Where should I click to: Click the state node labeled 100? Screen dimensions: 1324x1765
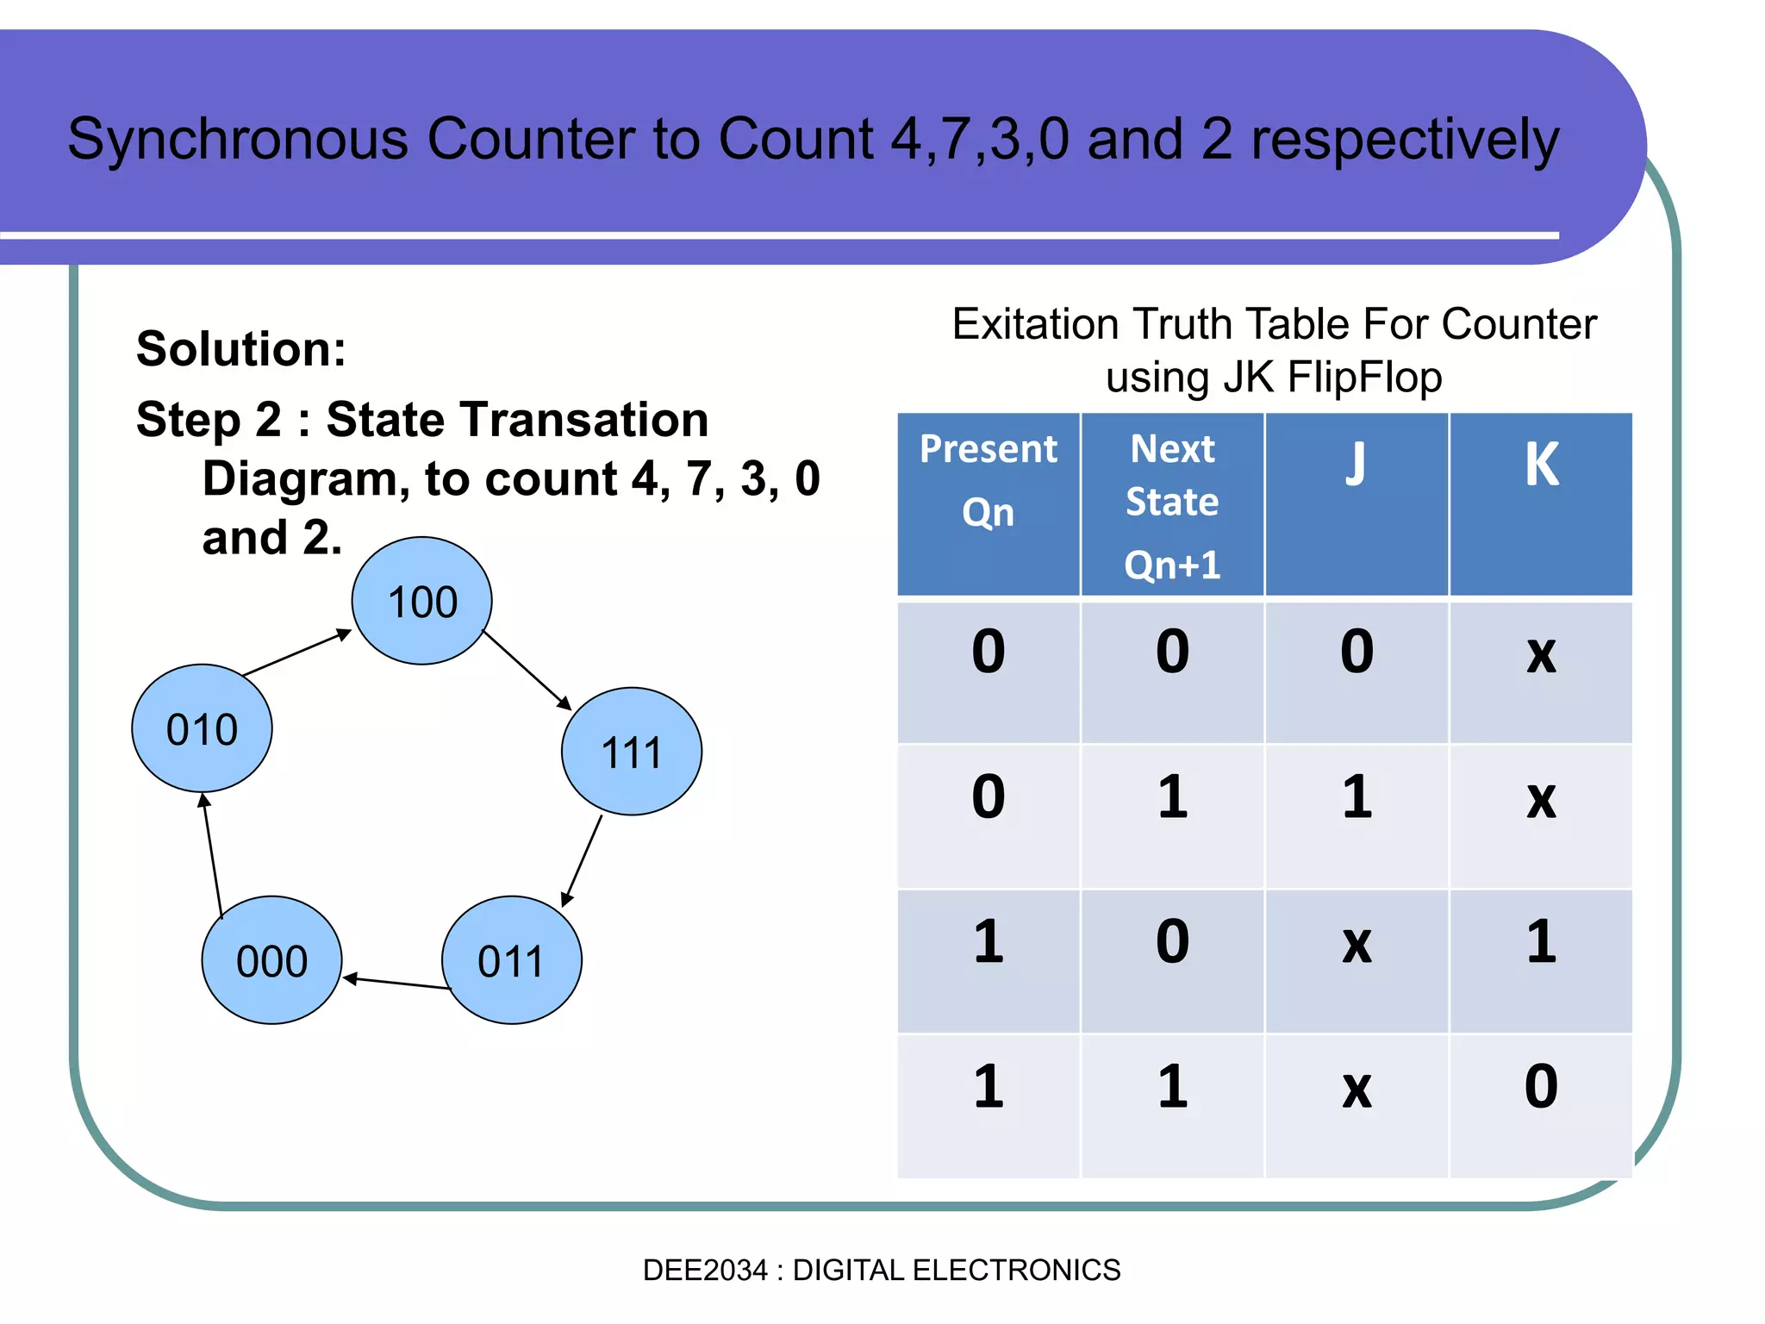pos(421,601)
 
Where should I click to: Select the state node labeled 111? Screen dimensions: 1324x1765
pos(631,751)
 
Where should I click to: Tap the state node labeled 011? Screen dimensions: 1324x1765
pos(511,960)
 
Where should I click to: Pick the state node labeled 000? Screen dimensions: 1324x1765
pos(271,960)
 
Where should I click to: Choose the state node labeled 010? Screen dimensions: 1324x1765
pos(202,728)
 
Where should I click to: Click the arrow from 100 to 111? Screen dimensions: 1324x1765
pos(527,670)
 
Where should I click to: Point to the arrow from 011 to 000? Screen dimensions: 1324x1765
pos(396,983)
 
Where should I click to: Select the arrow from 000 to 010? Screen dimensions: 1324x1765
pos(213,855)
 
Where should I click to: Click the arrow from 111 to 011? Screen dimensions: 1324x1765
pos(583,860)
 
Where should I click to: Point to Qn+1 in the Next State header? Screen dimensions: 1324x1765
pos(1172,565)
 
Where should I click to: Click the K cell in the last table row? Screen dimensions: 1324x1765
pos(1541,1088)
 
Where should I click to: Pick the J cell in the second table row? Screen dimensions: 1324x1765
pos(1356,797)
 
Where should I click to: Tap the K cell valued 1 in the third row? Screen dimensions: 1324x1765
pos(1541,942)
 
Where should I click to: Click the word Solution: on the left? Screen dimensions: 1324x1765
pos(241,349)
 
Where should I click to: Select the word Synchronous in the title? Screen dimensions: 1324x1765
pos(238,140)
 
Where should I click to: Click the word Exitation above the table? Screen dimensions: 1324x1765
pos(1035,325)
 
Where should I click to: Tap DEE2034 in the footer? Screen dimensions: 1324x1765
pos(704,1270)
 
